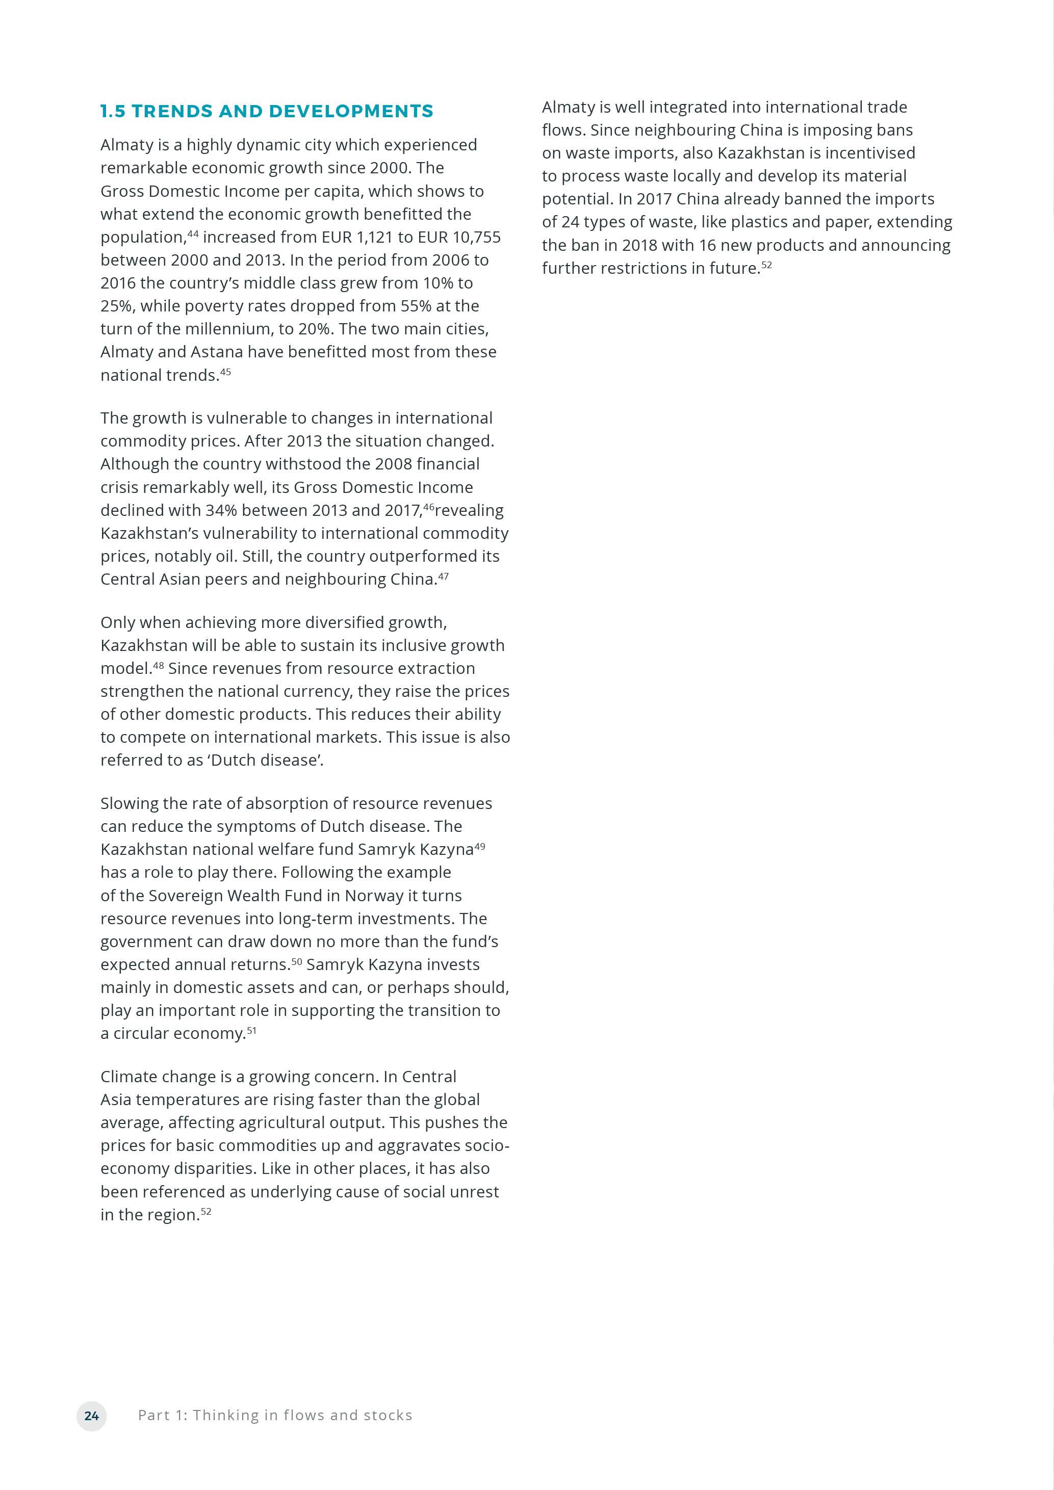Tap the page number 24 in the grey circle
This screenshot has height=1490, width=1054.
[x=91, y=1416]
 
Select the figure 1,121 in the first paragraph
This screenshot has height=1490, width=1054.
[x=374, y=238]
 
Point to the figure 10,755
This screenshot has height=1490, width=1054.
[x=476, y=238]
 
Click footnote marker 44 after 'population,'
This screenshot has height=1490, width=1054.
[x=193, y=233]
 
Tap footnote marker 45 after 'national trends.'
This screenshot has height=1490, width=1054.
[x=225, y=371]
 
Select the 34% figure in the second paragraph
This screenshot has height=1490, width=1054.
[x=221, y=511]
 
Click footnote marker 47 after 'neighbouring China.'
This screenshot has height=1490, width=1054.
[x=443, y=576]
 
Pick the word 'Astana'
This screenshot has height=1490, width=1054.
[x=216, y=352]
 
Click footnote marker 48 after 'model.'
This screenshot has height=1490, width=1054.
[x=159, y=665]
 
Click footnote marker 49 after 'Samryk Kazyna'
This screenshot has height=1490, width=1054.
[x=480, y=846]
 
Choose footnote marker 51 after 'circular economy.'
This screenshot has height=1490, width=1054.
[x=252, y=1030]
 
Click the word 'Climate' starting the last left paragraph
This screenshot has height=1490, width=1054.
[x=128, y=1077]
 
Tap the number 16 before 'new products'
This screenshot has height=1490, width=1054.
[x=707, y=245]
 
